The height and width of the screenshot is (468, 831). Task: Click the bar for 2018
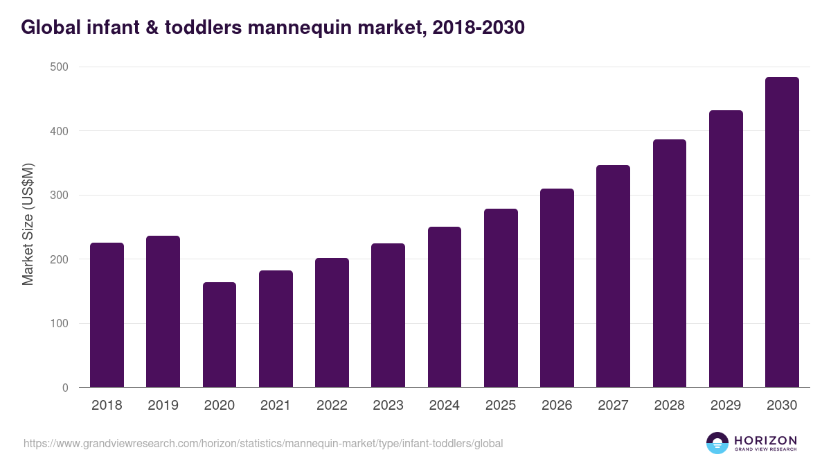(x=107, y=315)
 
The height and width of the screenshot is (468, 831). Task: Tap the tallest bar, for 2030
(x=782, y=232)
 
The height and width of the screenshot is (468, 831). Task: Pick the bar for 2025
(x=501, y=298)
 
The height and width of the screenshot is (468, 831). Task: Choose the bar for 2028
(x=670, y=263)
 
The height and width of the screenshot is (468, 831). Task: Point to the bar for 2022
(x=332, y=322)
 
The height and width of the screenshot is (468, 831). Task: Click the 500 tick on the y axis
(x=60, y=67)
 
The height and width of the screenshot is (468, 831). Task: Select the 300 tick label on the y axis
(x=60, y=195)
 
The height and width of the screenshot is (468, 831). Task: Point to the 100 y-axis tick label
(x=60, y=324)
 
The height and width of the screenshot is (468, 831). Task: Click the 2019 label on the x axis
(x=163, y=406)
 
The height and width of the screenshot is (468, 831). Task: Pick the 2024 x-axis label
(x=444, y=406)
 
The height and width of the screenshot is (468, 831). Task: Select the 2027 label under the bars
(x=613, y=406)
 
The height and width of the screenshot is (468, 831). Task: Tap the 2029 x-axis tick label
(x=726, y=406)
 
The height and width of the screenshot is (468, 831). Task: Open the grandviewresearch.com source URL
(x=263, y=443)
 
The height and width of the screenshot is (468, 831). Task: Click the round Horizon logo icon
(x=717, y=443)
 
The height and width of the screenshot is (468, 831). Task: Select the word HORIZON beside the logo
(x=765, y=440)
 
